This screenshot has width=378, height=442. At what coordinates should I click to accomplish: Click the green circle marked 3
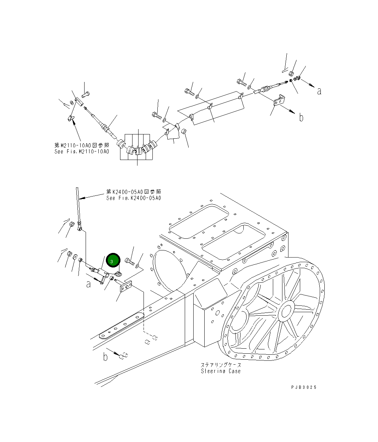[112, 261]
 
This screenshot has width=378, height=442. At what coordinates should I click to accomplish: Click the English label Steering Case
[220, 371]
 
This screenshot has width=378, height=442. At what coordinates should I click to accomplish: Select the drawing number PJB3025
[303, 387]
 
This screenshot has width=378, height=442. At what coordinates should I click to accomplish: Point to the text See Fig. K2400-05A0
[134, 198]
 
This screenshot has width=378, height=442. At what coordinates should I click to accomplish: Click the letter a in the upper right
[319, 91]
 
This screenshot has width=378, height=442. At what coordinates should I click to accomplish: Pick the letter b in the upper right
[301, 117]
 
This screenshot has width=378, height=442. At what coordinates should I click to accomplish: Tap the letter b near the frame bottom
[105, 357]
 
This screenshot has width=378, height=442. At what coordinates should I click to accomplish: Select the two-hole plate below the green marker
[125, 286]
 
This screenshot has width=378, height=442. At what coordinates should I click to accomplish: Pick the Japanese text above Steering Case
[220, 365]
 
